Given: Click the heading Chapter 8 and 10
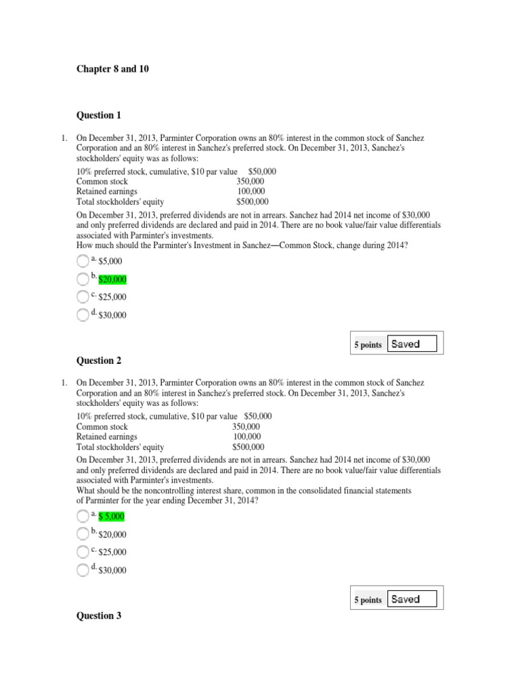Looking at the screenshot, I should point(106,70).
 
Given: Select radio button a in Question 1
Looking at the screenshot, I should point(83,261).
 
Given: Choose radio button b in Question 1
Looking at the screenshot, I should point(83,279).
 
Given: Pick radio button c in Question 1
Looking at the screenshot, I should point(83,297).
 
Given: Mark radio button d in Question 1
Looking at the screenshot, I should point(83,314).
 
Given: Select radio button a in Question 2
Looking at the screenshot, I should point(83,516).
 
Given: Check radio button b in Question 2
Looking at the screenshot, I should point(83,534).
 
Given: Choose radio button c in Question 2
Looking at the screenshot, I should point(83,552).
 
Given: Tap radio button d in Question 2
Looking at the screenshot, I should point(83,570).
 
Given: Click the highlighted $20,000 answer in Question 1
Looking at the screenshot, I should point(112,279).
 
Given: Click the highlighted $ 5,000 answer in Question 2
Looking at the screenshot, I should point(112,516).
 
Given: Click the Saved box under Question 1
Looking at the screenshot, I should point(412,344).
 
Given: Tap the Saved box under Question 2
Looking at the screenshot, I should point(412,599).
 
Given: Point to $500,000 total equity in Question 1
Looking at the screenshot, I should point(252,202).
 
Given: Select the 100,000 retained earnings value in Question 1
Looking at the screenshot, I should point(252,192).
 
